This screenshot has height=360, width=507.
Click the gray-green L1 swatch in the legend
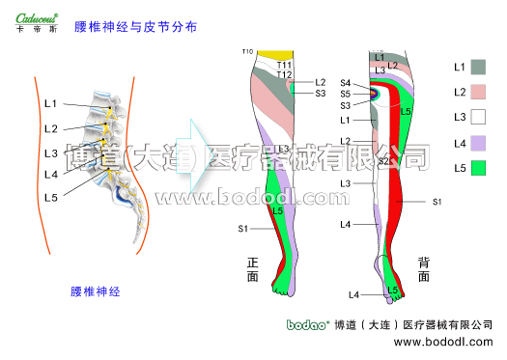(479, 67)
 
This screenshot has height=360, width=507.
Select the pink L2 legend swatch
(479, 92)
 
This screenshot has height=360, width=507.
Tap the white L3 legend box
(479, 117)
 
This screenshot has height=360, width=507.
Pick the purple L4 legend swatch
(479, 143)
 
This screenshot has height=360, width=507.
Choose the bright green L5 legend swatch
(479, 168)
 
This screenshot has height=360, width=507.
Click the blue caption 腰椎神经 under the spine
(95, 291)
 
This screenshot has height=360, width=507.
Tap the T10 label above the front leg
(247, 51)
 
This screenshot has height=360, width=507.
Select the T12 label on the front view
(284, 74)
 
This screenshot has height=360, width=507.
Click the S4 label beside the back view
(346, 84)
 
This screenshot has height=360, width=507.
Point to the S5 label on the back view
(346, 95)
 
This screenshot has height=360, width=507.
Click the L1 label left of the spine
(50, 103)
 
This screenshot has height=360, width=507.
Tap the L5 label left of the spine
(50, 197)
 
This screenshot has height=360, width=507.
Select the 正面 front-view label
(253, 269)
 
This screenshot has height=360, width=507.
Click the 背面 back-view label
(423, 269)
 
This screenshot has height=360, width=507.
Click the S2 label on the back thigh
(383, 161)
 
